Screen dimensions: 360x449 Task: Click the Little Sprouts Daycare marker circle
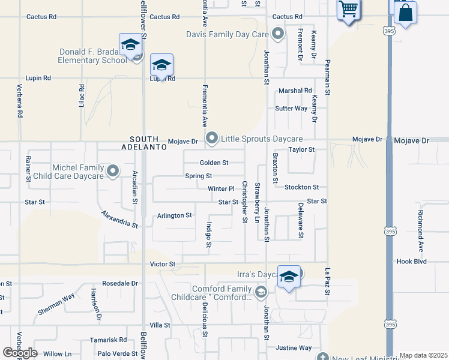point(212,139)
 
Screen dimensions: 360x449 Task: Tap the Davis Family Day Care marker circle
point(277,34)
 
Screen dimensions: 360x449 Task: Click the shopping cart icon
point(348,10)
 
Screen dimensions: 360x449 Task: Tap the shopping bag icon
point(406,13)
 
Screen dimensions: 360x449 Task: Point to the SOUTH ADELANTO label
point(142,142)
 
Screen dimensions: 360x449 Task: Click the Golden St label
point(214,163)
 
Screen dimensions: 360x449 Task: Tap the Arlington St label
point(174,215)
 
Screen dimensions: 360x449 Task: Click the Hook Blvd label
point(411,262)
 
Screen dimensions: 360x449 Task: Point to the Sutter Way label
point(291,109)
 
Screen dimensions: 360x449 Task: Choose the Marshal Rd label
point(295,91)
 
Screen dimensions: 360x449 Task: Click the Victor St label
point(163,264)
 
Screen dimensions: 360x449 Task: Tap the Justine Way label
point(294,348)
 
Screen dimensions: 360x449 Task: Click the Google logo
point(20,353)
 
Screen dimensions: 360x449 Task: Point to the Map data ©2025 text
point(423,356)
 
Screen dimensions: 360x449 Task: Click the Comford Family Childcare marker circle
point(261,292)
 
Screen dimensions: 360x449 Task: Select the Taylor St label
point(301,149)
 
